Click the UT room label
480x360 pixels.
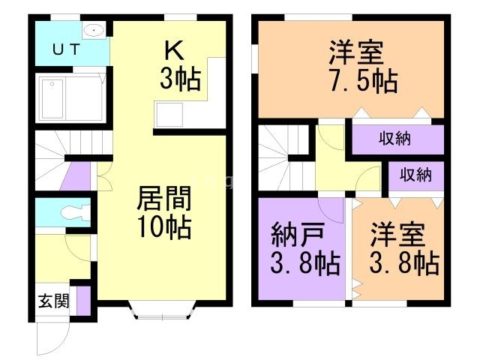coord(67,49)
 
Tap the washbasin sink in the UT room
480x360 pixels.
coord(94,30)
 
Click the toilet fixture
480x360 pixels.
coord(75,212)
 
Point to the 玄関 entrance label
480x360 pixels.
coord(54,301)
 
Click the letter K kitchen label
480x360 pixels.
coord(175,50)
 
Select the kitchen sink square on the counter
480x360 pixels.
coord(169,115)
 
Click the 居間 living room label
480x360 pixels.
coord(164,198)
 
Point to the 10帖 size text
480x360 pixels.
coord(164,227)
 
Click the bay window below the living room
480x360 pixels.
coord(162,310)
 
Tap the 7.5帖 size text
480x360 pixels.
coord(364,81)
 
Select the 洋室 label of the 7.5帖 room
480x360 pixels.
coord(356,53)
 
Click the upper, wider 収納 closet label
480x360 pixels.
coord(395,139)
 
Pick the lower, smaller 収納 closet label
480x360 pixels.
coord(415,175)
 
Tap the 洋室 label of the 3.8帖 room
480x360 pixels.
coord(397,235)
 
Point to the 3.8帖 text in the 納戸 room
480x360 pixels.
coord(305,263)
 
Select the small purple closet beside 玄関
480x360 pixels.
coord(83,301)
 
